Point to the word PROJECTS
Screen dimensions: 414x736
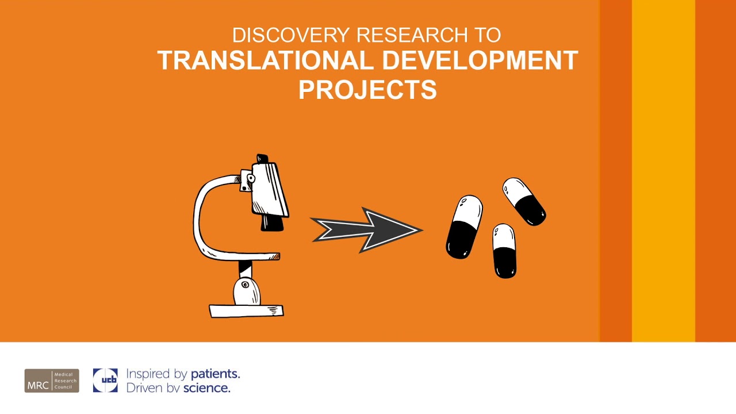coord(367,90)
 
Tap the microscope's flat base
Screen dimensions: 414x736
coord(246,311)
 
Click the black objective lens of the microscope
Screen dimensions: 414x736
coord(272,223)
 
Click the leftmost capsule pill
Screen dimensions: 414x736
coord(463,227)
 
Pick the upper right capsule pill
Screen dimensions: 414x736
coord(524,201)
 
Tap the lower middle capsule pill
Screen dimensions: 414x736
coord(504,251)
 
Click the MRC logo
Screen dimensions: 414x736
coord(52,381)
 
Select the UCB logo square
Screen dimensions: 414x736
coord(105,381)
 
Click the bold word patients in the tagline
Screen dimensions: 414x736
coord(214,374)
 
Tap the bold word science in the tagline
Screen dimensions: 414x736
coord(206,388)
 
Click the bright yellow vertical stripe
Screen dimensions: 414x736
coord(664,171)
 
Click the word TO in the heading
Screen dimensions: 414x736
coord(488,35)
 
